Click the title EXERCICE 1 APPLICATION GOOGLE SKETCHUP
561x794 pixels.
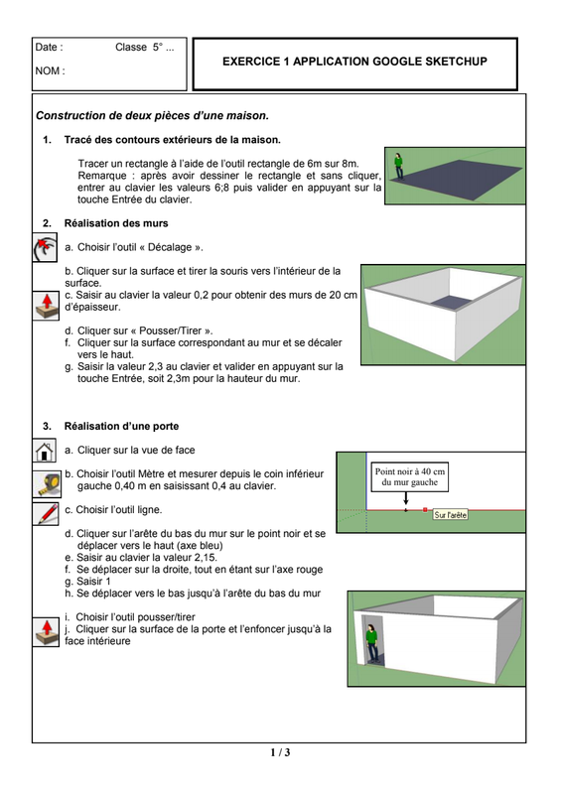pyautogui.click(x=354, y=62)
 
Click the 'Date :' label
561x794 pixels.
pyautogui.click(x=50, y=47)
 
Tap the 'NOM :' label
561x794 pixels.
pyautogui.click(x=51, y=70)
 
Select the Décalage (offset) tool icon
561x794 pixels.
pyautogui.click(x=45, y=247)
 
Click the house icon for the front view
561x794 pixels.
pyautogui.click(x=45, y=451)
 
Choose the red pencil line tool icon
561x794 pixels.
pyautogui.click(x=46, y=513)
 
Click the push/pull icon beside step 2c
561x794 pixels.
pyautogui.click(x=46, y=306)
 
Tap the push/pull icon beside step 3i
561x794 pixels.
pyautogui.click(x=46, y=631)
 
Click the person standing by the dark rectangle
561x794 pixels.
pyautogui.click(x=399, y=167)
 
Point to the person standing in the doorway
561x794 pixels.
pyautogui.click(x=372, y=643)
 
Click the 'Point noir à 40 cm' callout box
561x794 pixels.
pyautogui.click(x=410, y=477)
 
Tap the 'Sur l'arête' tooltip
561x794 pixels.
pyautogui.click(x=451, y=515)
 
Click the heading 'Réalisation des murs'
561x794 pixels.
pyautogui.click(x=116, y=223)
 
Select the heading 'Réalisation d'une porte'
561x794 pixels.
pyautogui.click(x=121, y=427)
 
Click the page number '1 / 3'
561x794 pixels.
pyautogui.click(x=280, y=752)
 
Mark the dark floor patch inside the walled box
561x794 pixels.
pyautogui.click(x=452, y=302)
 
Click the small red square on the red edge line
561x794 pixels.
pyautogui.click(x=425, y=510)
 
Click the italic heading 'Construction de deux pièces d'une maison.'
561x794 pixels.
pyautogui.click(x=153, y=116)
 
